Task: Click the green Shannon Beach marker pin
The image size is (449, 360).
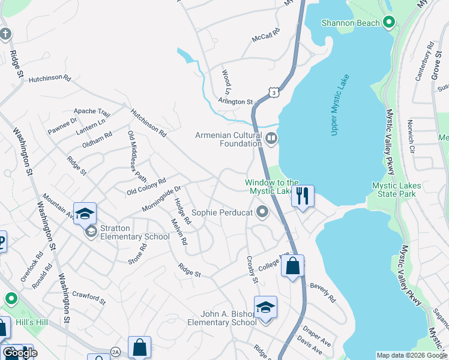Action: click(x=389, y=23)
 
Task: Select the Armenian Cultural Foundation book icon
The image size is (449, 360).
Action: click(x=271, y=140)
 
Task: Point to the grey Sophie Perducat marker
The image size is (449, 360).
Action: click(x=262, y=212)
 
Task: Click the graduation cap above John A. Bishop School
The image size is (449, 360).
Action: click(x=265, y=307)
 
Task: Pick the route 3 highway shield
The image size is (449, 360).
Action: click(x=274, y=92)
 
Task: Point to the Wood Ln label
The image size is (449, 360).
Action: click(x=226, y=79)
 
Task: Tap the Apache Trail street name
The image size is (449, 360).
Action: click(x=92, y=112)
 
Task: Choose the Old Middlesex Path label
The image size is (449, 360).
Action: click(x=136, y=157)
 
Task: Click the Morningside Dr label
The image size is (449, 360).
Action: click(x=161, y=199)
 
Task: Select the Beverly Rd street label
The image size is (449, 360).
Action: click(x=323, y=292)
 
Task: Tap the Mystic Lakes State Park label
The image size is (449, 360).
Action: click(x=397, y=190)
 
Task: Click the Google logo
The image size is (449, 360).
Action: click(x=20, y=353)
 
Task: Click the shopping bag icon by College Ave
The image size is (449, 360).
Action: click(x=293, y=266)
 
